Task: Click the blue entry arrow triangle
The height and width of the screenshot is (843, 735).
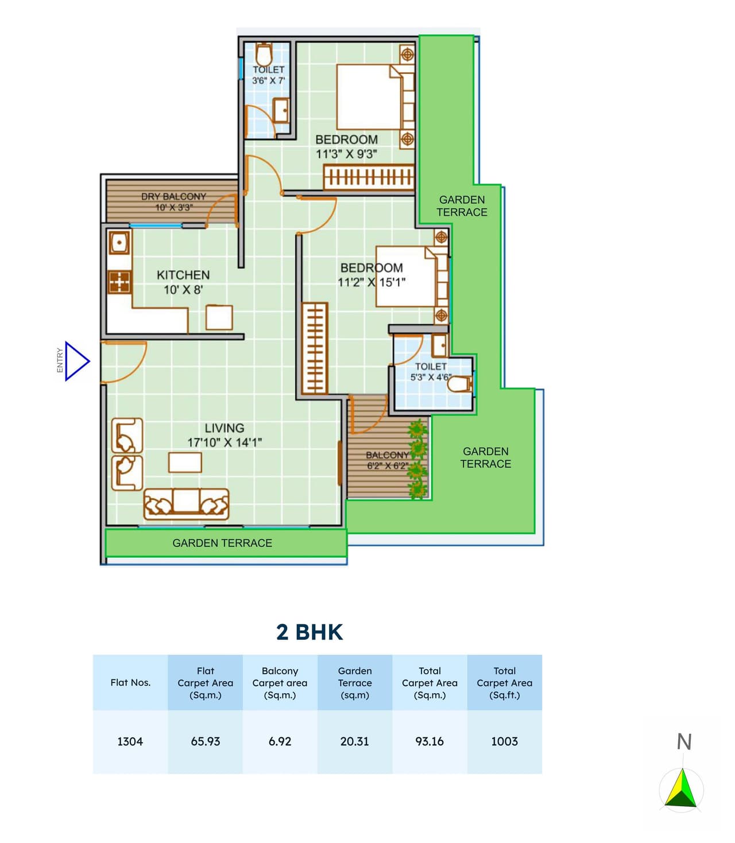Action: point(76,361)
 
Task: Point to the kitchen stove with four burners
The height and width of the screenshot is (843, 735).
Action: point(119,282)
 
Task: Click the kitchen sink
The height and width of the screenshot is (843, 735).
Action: point(119,243)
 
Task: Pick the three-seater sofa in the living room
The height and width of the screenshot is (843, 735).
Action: point(186,504)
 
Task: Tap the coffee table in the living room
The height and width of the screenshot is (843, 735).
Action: point(185,462)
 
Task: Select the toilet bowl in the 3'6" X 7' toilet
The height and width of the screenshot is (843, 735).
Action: point(264,56)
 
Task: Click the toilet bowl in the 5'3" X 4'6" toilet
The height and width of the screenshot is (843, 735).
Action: point(459,384)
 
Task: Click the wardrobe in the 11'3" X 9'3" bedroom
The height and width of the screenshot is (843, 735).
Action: point(368,177)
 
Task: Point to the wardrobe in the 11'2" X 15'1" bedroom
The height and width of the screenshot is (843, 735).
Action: point(315,348)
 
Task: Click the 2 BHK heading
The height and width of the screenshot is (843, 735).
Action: point(309,632)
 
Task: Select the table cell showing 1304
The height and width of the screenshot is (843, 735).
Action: point(130,741)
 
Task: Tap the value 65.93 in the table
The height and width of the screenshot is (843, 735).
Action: point(206,741)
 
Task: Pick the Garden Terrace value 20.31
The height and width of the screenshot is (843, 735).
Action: point(355,741)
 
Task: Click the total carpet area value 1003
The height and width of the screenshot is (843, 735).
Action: point(504,741)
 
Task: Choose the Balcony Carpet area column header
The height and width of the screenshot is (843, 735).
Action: point(280,682)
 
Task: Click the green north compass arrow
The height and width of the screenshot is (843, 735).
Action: point(682,788)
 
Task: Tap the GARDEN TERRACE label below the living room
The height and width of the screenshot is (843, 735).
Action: point(222,543)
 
